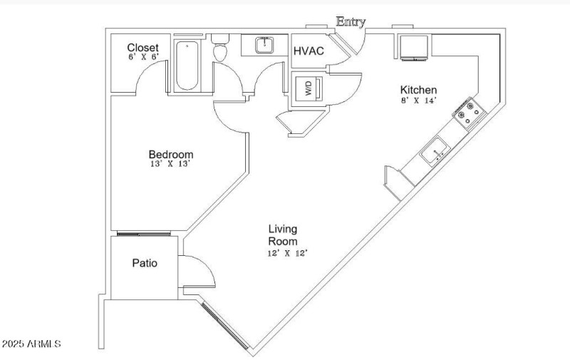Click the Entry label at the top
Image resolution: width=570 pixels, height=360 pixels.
[351, 21]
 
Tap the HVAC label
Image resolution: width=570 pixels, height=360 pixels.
[309, 51]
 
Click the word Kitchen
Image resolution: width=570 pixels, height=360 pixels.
[418, 90]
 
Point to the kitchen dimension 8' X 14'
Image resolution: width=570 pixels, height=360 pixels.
[418, 101]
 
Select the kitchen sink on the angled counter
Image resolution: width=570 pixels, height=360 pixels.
[433, 152]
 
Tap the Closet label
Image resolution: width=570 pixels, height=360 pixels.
[142, 47]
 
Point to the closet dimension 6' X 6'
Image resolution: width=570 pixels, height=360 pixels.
[142, 57]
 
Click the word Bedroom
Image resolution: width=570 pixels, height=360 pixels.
[170, 154]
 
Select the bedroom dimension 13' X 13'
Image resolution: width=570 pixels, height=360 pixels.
[170, 164]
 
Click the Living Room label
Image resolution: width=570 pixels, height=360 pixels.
[283, 235]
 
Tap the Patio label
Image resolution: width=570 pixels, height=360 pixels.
[145, 263]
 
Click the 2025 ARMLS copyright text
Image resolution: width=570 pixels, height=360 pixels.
[31, 344]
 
